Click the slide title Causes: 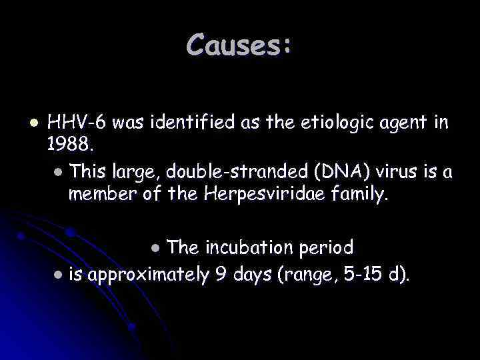click(239, 45)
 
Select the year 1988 click(66, 142)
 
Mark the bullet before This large click(58, 173)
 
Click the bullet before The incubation click(155, 249)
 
